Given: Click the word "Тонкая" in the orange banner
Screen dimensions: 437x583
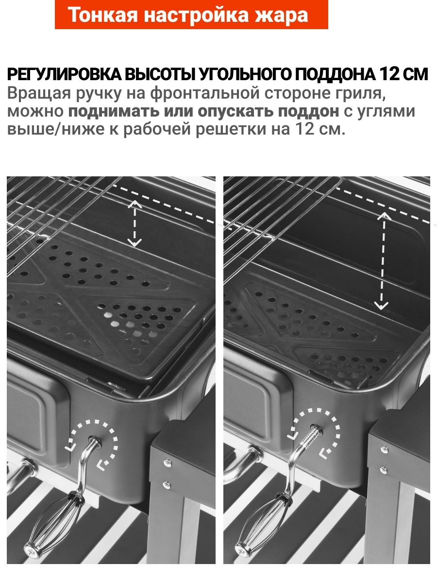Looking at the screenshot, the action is [102, 15].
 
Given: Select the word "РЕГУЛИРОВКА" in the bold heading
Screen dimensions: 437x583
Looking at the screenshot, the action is [64, 74].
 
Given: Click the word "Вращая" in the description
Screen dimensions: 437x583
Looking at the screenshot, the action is [39, 93].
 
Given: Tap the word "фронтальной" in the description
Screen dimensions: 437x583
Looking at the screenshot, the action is [204, 93].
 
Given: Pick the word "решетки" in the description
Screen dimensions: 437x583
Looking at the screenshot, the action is [231, 129].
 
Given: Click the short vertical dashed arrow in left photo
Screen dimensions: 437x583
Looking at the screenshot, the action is [134, 223].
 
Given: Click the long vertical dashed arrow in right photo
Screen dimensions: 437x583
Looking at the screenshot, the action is [382, 261].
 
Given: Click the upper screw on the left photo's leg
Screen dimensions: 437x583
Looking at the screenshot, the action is [168, 463].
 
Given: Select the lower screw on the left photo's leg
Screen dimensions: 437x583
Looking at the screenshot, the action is [167, 485].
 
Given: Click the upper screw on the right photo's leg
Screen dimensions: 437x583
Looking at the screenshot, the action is [384, 450].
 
